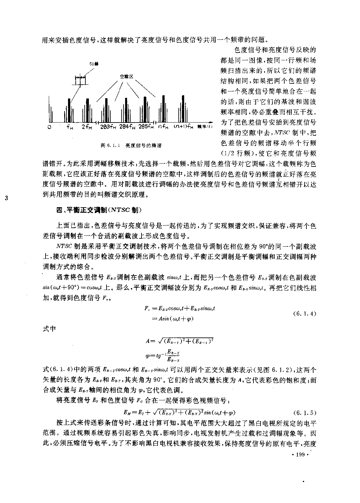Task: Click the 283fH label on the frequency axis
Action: click(x=108, y=127)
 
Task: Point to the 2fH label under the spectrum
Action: click(x=87, y=127)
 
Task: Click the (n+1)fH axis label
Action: click(x=184, y=127)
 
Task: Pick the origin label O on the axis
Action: click(x=49, y=127)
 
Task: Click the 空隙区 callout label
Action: click(x=126, y=77)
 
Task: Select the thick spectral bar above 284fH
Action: click(x=125, y=109)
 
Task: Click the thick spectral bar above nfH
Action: click(x=164, y=109)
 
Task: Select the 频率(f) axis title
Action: click(x=205, y=127)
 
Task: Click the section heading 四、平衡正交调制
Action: click(x=99, y=210)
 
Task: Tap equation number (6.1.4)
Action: click(x=304, y=313)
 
